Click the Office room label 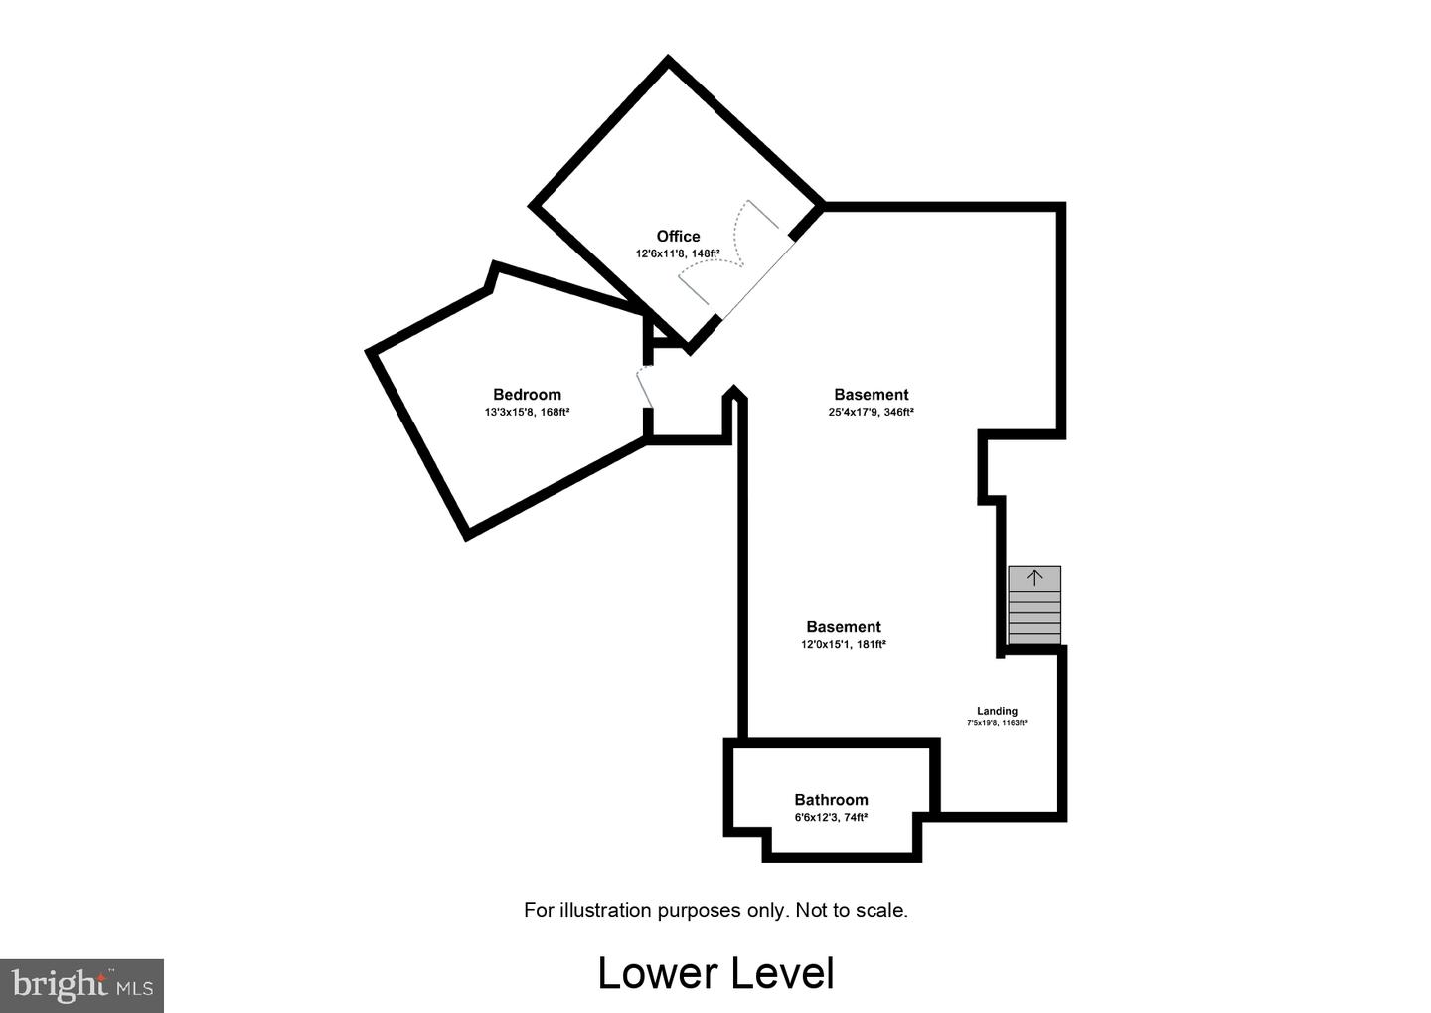(x=678, y=237)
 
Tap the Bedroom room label (x=527, y=395)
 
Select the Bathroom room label (x=831, y=800)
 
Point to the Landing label (x=998, y=711)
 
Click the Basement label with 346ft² (x=872, y=395)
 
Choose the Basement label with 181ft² (x=844, y=627)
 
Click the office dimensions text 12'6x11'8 (x=661, y=253)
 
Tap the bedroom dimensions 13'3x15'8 (x=510, y=413)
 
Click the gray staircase (x=1034, y=605)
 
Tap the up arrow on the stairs (x=1034, y=578)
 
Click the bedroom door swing (x=645, y=386)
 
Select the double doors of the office (x=729, y=253)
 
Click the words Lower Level (x=716, y=974)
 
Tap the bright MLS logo (x=81, y=985)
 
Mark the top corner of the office (x=668, y=59)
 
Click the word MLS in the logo (x=134, y=989)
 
